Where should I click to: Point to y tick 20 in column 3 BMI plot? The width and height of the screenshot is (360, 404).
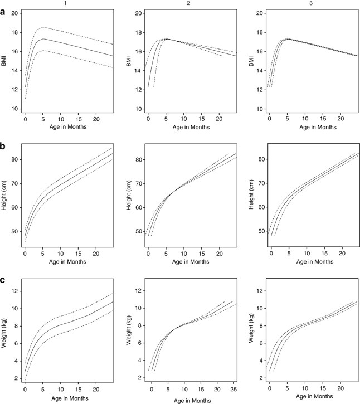[259, 12]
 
